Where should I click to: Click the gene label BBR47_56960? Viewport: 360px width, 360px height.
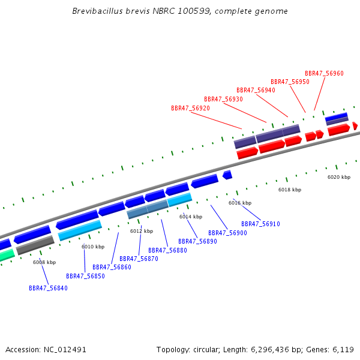tap(324, 73)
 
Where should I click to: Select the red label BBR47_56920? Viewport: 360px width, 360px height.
tap(190, 108)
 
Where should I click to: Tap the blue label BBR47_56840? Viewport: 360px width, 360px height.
tap(48, 288)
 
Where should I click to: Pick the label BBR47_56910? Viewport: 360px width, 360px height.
tap(260, 224)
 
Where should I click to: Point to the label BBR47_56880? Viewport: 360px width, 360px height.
tap(167, 250)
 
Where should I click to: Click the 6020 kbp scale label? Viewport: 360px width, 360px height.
tap(339, 177)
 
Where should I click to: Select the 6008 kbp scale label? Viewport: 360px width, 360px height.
tap(44, 262)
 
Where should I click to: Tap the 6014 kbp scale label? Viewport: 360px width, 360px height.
tap(191, 217)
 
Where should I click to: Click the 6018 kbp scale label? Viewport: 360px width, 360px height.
tap(290, 190)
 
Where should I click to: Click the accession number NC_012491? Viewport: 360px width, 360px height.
tap(65, 350)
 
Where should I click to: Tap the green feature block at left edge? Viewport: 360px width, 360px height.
tap(7, 255)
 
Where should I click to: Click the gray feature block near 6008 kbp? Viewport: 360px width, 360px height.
tap(35, 245)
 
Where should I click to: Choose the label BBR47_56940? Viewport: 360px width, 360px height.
tap(256, 90)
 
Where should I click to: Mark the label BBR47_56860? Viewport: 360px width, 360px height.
tap(112, 267)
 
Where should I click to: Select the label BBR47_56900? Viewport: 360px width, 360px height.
tap(227, 233)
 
